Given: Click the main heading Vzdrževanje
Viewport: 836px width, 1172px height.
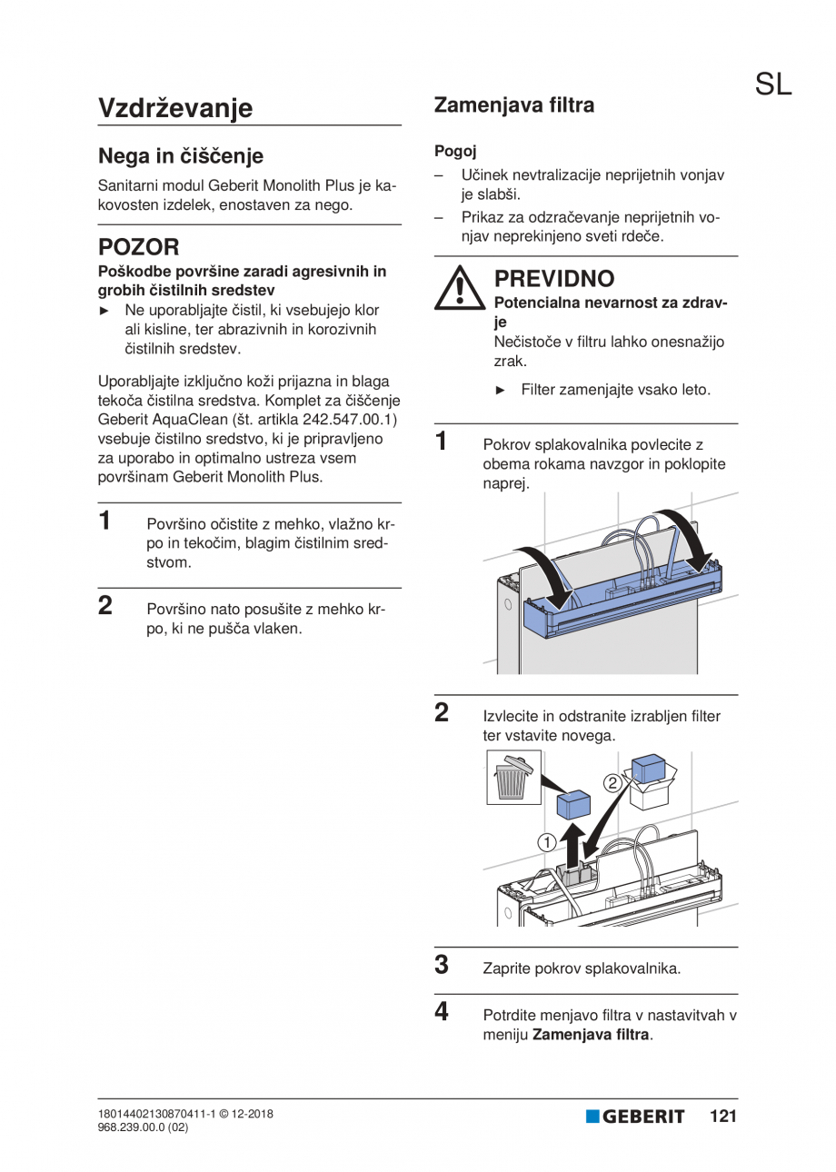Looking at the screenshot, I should pyautogui.click(x=175, y=108).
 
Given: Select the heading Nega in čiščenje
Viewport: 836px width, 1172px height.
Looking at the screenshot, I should pyautogui.click(x=181, y=155).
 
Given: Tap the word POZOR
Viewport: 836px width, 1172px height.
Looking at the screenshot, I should pyautogui.click(x=138, y=246).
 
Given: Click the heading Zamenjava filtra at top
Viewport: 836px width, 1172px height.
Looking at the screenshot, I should pyautogui.click(x=514, y=105).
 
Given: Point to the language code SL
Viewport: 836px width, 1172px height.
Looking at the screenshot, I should pyautogui.click(x=772, y=84).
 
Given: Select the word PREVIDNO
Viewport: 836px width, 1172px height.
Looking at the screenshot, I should pyautogui.click(x=553, y=278).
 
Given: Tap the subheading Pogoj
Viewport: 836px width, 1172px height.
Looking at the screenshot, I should pyautogui.click(x=455, y=151).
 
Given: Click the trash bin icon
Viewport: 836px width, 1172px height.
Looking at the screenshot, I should pyautogui.click(x=513, y=778).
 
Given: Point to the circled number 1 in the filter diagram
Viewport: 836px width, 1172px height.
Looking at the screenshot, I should pyautogui.click(x=546, y=842).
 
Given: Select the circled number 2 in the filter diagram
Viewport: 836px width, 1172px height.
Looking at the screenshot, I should pyautogui.click(x=613, y=781).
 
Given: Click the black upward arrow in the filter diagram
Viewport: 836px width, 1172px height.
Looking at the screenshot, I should pyautogui.click(x=572, y=841).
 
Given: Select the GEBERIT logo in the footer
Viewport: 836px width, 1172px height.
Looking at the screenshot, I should pyautogui.click(x=635, y=1117).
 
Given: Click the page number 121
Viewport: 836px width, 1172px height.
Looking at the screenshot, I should pyautogui.click(x=723, y=1117).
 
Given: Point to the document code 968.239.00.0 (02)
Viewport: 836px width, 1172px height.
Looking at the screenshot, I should pyautogui.click(x=143, y=1127).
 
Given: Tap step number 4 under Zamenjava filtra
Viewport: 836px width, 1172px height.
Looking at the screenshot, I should pyautogui.click(x=442, y=1011).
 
